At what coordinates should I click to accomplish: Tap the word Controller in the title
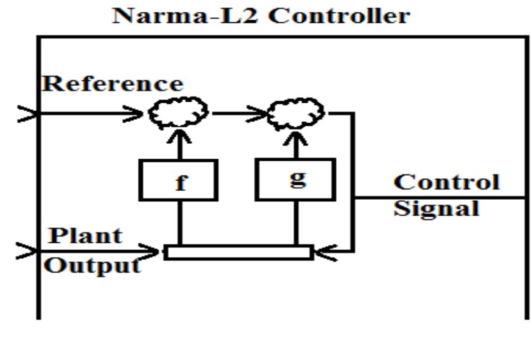pos(339,15)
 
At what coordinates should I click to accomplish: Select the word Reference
pos(112,84)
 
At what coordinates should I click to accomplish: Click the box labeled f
pos(178,181)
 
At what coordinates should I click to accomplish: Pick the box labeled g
pos(296,179)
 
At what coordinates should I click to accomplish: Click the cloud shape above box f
pos(178,112)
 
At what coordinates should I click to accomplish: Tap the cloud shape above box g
pos(296,112)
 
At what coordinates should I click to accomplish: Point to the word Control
pos(446,182)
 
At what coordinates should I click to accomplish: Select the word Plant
pos(85,235)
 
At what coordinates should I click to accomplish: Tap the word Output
pos(92,265)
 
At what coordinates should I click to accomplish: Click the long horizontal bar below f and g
pos(238,252)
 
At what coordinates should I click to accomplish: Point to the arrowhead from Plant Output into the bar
pos(152,251)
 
